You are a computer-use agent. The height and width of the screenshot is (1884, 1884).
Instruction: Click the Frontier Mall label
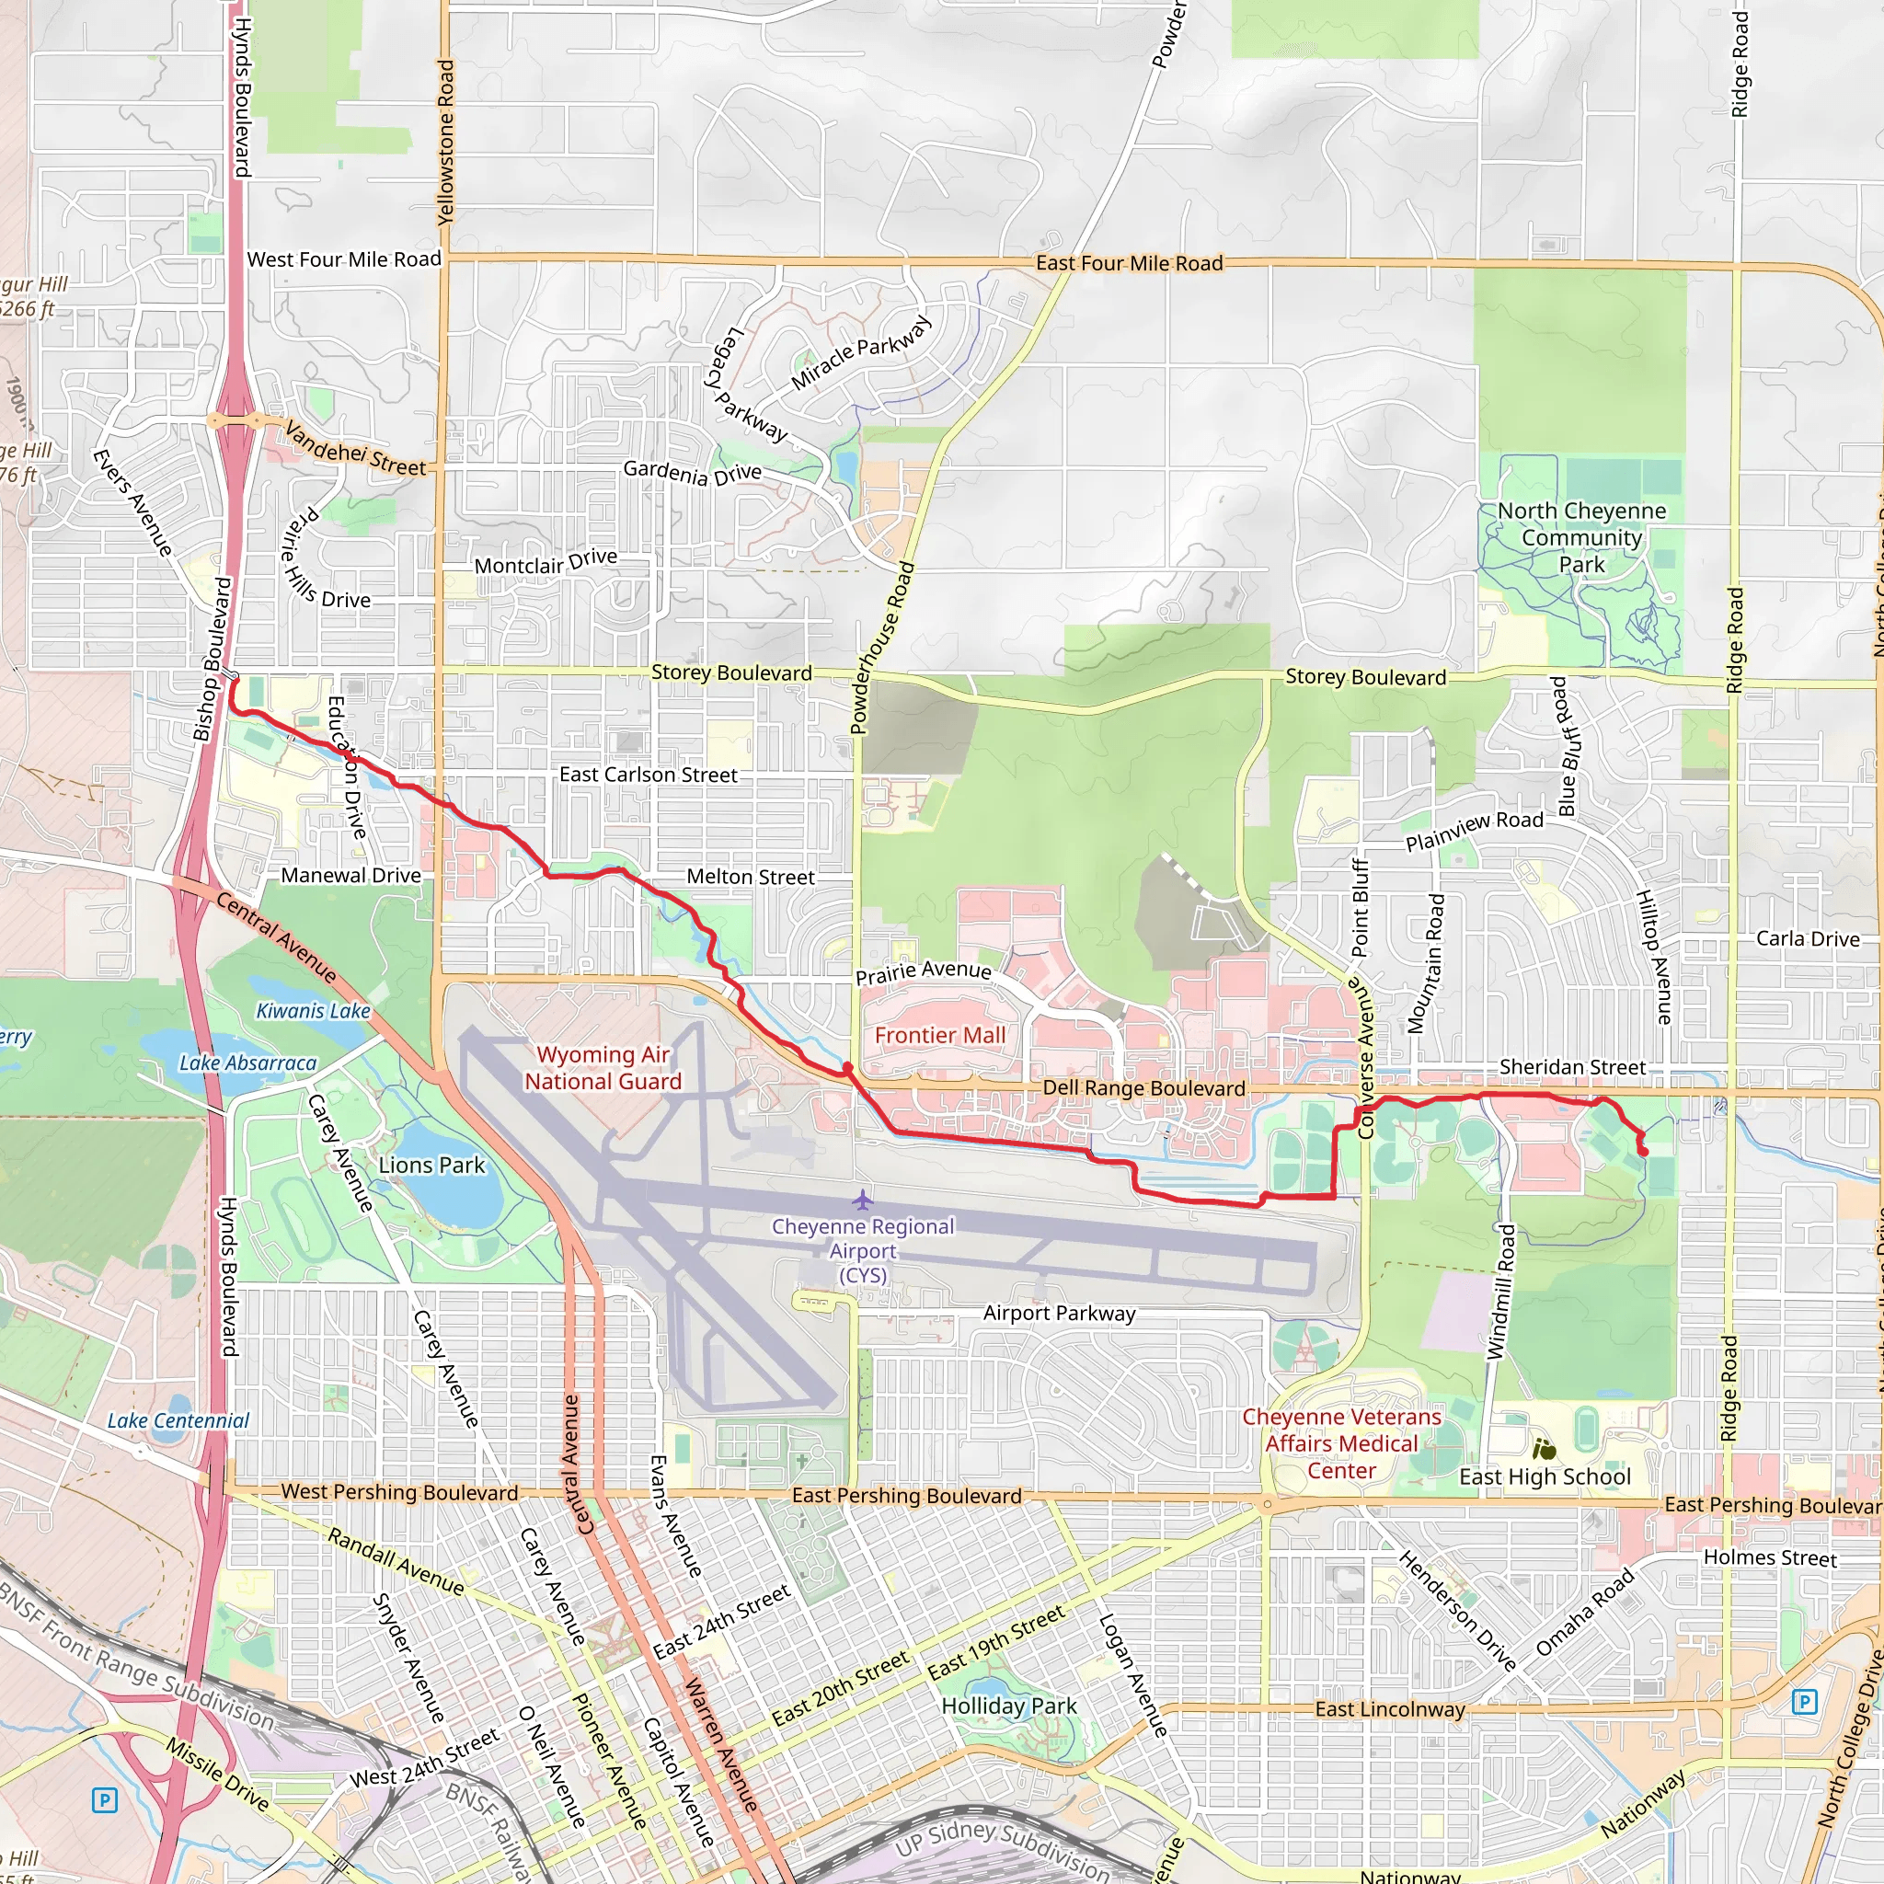(939, 1036)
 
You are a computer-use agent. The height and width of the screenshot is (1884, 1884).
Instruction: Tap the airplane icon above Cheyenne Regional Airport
(862, 1199)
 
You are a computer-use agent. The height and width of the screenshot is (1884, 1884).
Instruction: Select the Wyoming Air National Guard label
(603, 1068)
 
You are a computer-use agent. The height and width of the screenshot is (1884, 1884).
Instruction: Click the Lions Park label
(431, 1166)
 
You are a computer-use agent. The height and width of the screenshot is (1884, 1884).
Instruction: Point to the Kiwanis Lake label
(313, 1011)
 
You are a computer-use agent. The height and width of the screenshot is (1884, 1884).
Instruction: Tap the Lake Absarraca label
(247, 1063)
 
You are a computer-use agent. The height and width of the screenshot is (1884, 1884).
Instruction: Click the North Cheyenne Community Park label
(1581, 537)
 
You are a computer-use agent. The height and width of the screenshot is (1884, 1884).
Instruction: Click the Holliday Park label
(1009, 1706)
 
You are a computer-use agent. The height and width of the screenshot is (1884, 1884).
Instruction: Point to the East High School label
(1545, 1476)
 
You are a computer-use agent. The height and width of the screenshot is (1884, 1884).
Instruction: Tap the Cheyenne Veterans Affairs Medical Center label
(1341, 1443)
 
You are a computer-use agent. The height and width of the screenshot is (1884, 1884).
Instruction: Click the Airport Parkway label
(1059, 1314)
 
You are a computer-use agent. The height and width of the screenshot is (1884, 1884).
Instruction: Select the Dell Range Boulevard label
(1143, 1088)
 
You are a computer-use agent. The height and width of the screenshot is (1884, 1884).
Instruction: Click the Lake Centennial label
(178, 1420)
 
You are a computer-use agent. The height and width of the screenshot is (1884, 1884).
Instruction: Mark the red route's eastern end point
(1644, 1153)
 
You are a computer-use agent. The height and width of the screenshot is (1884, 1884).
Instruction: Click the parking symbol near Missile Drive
(104, 1799)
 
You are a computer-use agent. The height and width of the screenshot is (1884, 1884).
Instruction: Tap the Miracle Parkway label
(861, 351)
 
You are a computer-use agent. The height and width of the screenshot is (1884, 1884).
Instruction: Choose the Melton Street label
(750, 877)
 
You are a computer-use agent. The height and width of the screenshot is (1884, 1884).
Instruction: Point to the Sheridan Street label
(1572, 1067)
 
